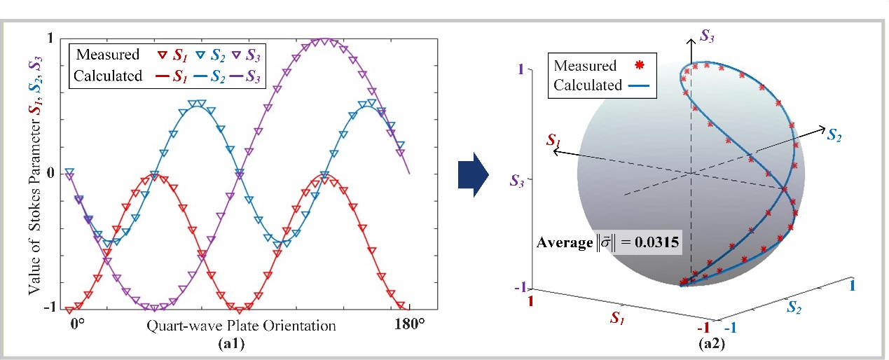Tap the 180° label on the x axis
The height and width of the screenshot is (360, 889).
pyautogui.click(x=410, y=326)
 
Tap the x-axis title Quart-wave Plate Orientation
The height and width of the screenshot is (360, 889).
pyautogui.click(x=242, y=326)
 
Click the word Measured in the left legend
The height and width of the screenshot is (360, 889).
pyautogui.click(x=107, y=54)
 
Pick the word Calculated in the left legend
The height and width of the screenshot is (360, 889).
pyautogui.click(x=109, y=76)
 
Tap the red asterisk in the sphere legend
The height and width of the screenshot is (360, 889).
pyautogui.click(x=638, y=66)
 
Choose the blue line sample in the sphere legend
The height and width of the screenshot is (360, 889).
pyautogui.click(x=640, y=85)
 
